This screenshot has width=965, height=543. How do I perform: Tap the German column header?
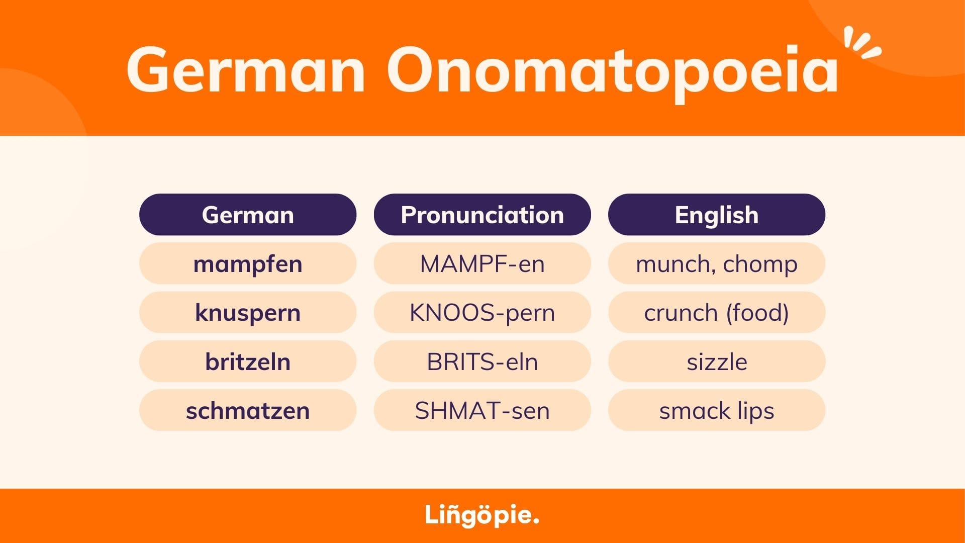tap(248, 215)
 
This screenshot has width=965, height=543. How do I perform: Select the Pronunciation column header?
tap(482, 215)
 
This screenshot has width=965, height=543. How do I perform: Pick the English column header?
tap(717, 215)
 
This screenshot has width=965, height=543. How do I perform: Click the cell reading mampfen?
tap(248, 263)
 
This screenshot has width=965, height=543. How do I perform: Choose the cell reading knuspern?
tap(248, 312)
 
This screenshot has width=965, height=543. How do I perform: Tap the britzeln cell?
tap(248, 361)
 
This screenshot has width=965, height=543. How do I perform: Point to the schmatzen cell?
tap(248, 410)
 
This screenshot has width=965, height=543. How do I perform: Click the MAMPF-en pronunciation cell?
tap(482, 263)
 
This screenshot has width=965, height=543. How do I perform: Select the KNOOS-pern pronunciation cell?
tap(482, 312)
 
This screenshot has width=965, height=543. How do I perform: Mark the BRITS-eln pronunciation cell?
tap(482, 361)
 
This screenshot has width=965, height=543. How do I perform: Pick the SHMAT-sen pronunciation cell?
tap(482, 410)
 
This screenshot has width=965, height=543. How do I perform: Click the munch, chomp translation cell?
tap(717, 263)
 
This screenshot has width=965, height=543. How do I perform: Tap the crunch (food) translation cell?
tap(717, 312)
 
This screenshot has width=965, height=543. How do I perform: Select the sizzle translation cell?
tap(717, 361)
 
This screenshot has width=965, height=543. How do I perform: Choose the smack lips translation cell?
tap(717, 410)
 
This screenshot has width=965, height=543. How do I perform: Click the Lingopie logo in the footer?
tap(482, 515)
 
